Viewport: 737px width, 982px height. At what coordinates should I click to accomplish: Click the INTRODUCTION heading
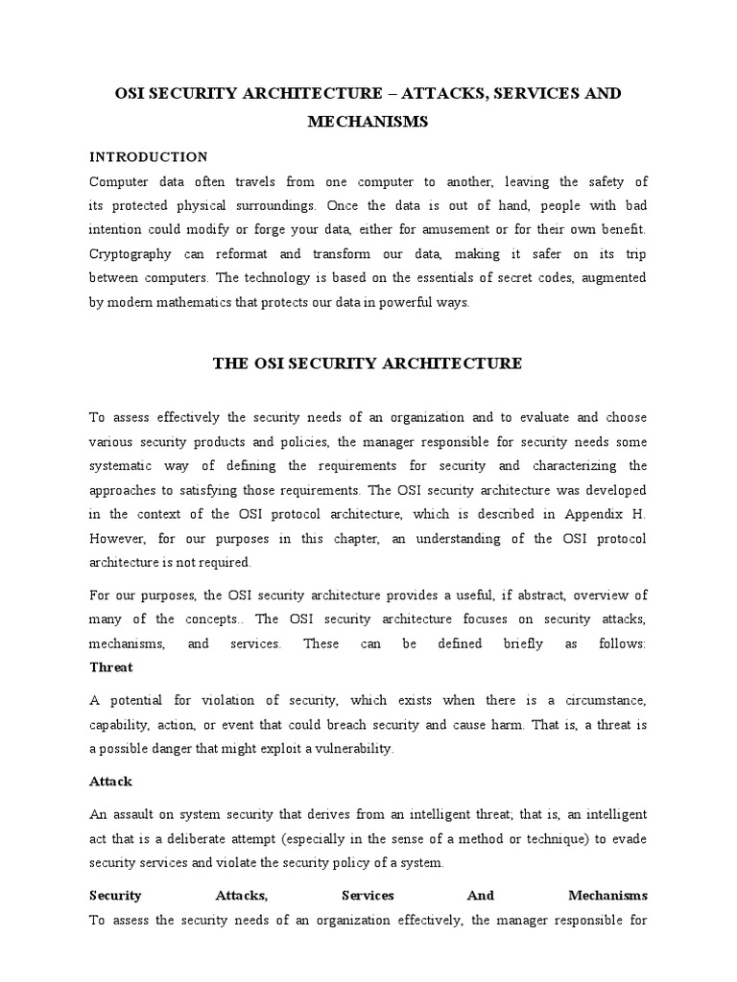(x=148, y=156)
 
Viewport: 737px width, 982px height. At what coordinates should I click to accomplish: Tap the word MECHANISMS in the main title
(x=368, y=122)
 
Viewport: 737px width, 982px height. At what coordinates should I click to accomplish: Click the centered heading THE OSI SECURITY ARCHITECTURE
(x=367, y=362)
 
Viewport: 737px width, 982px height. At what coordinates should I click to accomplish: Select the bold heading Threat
(x=110, y=666)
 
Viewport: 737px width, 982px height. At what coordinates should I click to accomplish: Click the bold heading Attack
(x=110, y=782)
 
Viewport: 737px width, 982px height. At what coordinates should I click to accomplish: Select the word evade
(x=629, y=838)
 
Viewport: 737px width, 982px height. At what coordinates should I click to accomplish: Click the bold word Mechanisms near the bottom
(x=606, y=895)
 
